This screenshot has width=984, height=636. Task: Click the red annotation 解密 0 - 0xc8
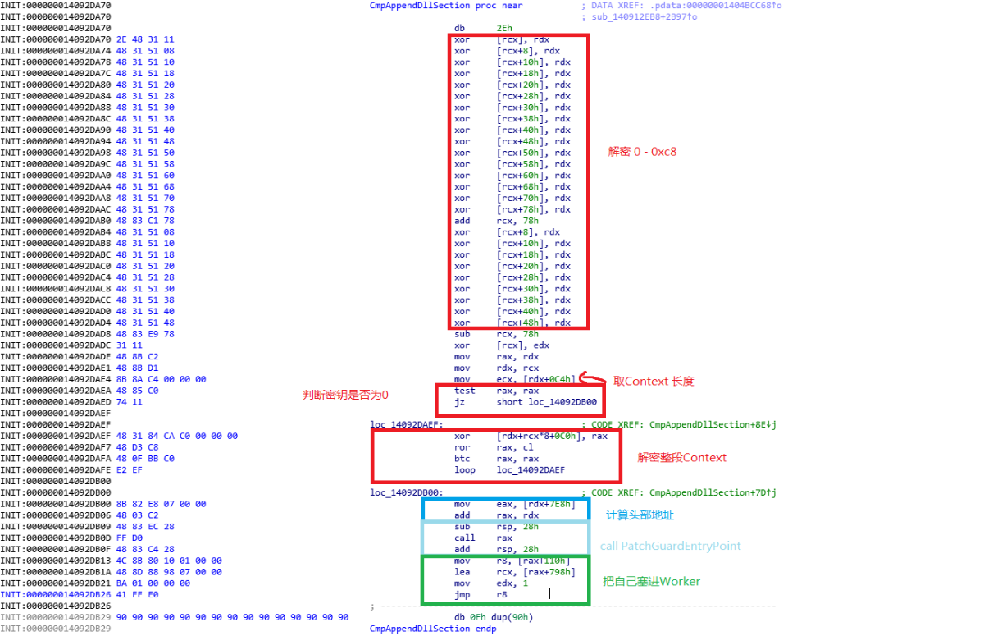tap(642, 152)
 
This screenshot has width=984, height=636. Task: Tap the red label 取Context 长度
tap(654, 381)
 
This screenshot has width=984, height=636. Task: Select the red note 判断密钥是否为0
tap(345, 396)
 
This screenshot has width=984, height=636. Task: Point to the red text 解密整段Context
tap(681, 458)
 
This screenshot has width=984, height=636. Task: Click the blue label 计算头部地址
tap(640, 515)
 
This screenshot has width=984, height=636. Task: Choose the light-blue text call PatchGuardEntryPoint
tap(670, 546)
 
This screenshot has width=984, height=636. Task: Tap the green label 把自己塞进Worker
tap(651, 582)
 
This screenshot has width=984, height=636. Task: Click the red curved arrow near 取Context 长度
tap(592, 379)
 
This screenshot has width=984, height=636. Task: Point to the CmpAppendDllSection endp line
tap(433, 629)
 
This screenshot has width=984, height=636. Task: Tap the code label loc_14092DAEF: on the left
tap(407, 425)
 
